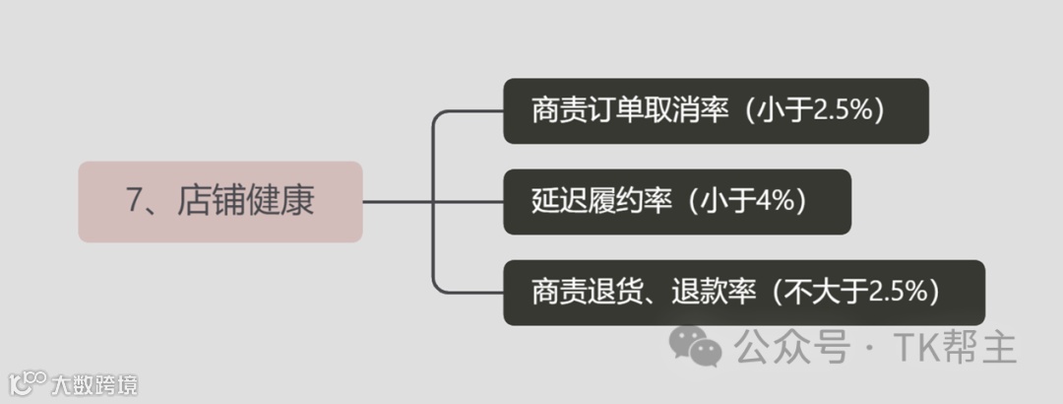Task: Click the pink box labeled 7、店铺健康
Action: [x=220, y=202]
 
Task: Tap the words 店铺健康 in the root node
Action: [x=246, y=202]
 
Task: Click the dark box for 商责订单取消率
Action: [x=716, y=111]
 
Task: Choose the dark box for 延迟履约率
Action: [x=677, y=202]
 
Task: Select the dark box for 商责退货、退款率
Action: [x=743, y=293]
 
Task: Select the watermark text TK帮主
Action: [x=954, y=347]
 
